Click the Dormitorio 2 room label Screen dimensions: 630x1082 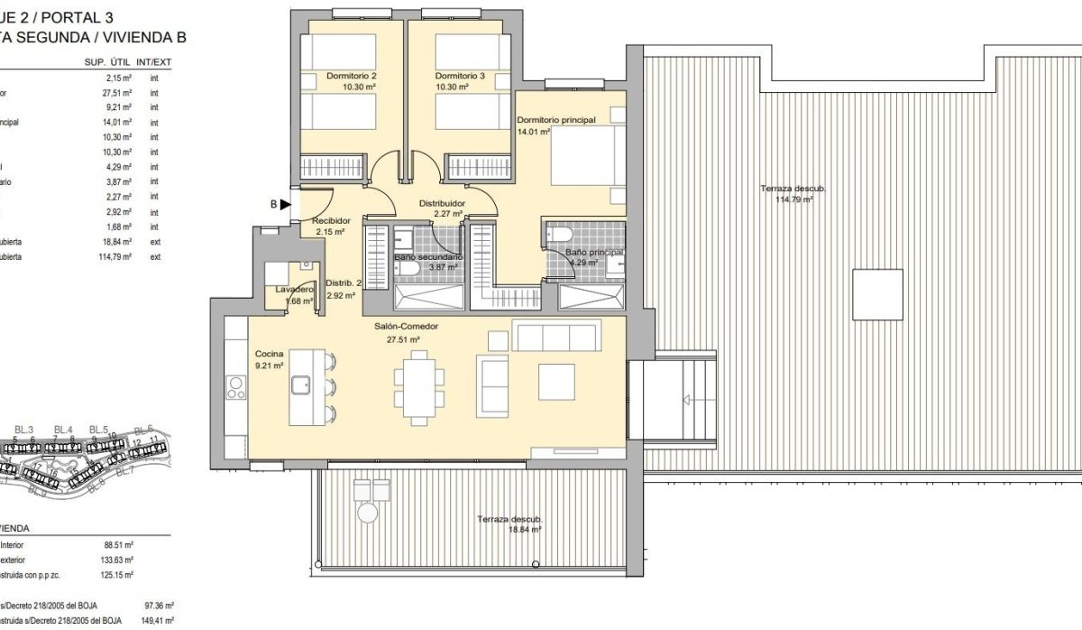pos(352,76)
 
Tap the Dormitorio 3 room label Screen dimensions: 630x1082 pos(460,76)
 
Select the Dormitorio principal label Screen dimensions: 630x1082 pos(557,119)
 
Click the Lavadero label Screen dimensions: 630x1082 pos(294,290)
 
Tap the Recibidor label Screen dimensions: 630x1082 pos(331,221)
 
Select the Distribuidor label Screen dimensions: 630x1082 pos(442,204)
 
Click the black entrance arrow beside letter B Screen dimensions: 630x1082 pos(286,205)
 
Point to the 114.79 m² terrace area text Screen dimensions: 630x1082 pos(793,200)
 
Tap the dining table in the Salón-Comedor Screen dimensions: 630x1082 pos(419,386)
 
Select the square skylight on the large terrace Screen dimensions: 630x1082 pos(877,294)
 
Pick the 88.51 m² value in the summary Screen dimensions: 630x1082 pos(119,545)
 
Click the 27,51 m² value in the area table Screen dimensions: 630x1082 pos(119,92)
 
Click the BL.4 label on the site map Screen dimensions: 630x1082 pos(61,429)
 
